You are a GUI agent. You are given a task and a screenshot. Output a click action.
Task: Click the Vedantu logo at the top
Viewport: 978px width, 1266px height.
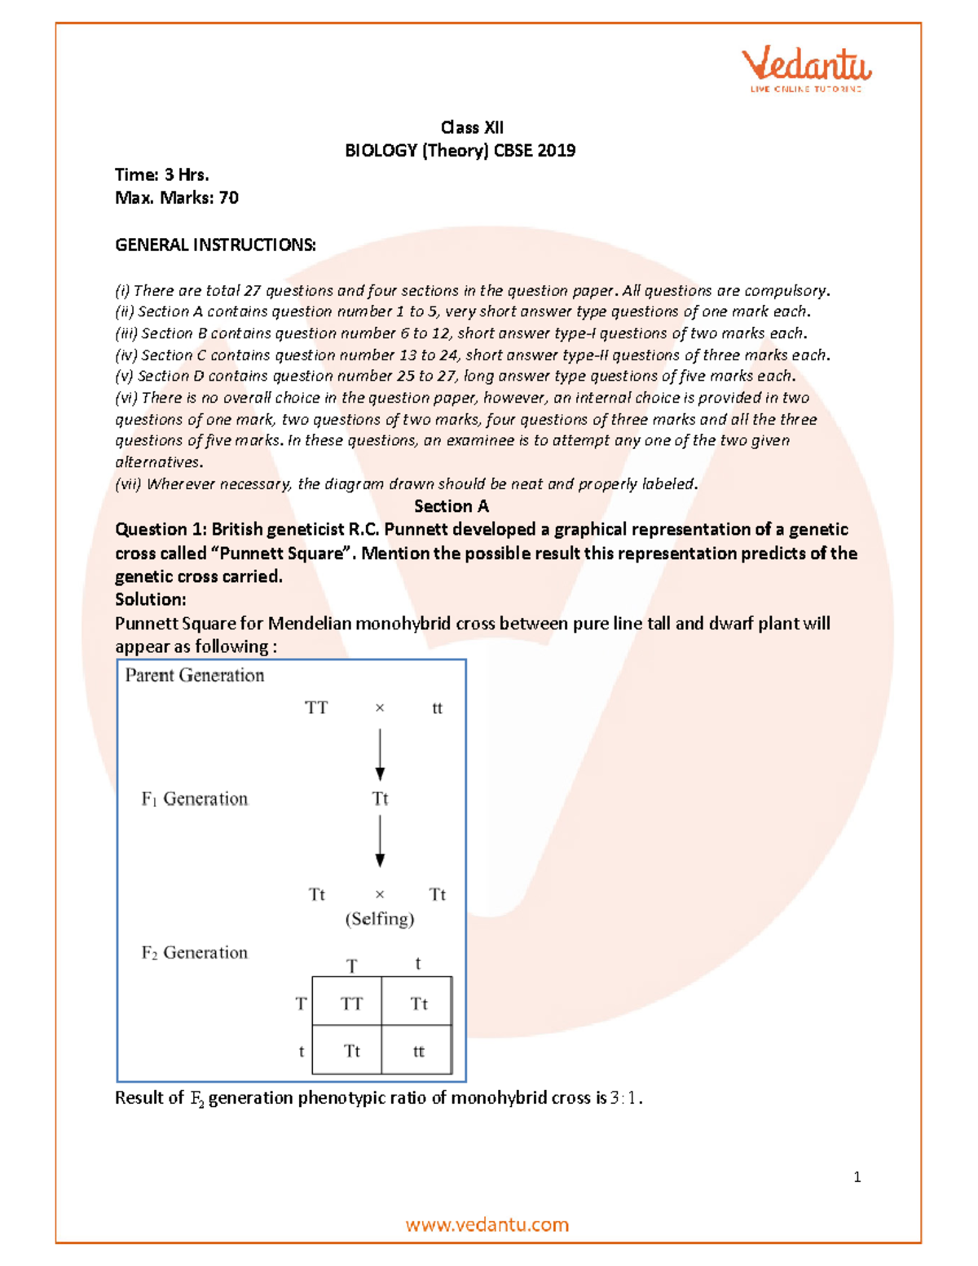coord(806,68)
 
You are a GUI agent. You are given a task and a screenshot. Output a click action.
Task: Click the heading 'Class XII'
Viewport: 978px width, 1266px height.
coord(472,127)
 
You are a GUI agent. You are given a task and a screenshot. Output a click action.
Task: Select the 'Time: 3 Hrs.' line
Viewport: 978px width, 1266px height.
coord(162,174)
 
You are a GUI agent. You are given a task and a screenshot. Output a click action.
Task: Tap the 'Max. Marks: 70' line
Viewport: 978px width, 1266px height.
coord(177,197)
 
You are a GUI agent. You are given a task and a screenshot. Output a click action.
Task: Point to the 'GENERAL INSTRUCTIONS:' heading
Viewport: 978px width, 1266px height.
coord(215,245)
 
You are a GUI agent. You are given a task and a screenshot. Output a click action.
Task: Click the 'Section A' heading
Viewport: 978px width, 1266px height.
coord(451,506)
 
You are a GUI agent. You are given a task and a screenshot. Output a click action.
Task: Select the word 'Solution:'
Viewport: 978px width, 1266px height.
coord(151,599)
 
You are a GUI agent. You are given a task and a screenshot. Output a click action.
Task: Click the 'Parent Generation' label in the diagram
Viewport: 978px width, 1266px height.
coord(195,675)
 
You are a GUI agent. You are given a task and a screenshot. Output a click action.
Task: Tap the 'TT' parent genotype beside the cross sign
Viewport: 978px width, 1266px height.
coord(316,708)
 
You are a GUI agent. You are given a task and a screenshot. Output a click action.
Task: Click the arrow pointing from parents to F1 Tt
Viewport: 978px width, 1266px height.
coord(380,754)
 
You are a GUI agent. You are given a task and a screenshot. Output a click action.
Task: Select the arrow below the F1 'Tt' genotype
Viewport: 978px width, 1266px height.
coord(380,841)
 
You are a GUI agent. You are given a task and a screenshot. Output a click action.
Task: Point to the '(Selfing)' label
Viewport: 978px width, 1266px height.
coord(380,919)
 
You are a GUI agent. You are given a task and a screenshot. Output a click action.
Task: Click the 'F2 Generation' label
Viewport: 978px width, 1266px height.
coord(195,952)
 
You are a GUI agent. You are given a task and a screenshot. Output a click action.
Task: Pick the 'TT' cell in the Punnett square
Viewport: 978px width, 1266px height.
coord(351,1004)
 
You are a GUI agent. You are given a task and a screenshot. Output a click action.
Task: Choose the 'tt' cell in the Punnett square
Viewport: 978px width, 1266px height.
coord(418,1051)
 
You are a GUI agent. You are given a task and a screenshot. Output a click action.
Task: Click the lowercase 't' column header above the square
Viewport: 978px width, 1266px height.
coord(418,964)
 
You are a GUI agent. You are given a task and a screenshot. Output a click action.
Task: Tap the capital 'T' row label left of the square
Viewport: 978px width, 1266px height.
coord(302,1004)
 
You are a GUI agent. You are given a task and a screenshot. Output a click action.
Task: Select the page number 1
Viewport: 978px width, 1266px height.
coord(857,1176)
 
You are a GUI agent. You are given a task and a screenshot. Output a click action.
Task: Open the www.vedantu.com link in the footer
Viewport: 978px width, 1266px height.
coord(487,1224)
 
